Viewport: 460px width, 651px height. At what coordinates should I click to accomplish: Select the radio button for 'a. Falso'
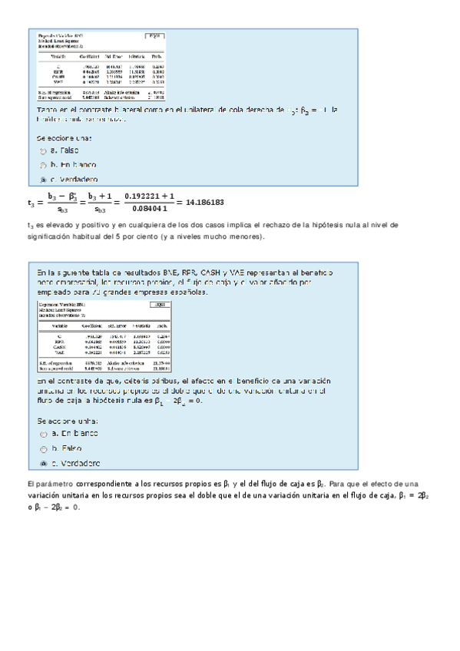click(x=42, y=151)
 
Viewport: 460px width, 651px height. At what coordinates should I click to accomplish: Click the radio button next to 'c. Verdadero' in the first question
click(x=42, y=179)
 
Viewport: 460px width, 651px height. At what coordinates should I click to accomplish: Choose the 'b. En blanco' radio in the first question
click(x=42, y=165)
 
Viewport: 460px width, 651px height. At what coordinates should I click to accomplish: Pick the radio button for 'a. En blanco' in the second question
click(x=42, y=435)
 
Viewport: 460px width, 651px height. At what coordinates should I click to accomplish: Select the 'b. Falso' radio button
click(x=42, y=449)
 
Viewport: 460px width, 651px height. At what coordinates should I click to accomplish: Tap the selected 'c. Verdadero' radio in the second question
click(x=42, y=464)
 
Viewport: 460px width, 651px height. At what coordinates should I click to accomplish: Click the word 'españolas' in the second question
click(x=181, y=292)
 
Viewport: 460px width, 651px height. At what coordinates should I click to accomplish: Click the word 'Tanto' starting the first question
click(x=47, y=111)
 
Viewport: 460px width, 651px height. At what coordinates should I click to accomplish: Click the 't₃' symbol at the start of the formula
click(x=30, y=203)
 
